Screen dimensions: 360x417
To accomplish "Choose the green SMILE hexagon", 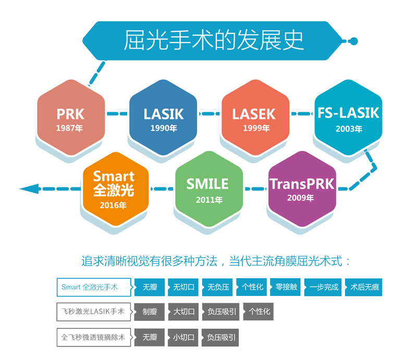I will tap(208, 188).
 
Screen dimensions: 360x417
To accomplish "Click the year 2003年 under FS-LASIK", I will tap(349, 129).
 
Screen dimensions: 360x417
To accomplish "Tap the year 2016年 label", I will tap(114, 205).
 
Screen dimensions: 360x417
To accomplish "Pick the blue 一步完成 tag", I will tap(323, 287).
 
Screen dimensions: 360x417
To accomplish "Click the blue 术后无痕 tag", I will tap(364, 287).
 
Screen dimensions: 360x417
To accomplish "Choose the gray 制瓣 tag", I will tap(149, 312).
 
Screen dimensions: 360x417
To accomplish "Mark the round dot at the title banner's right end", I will tap(354, 40).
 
